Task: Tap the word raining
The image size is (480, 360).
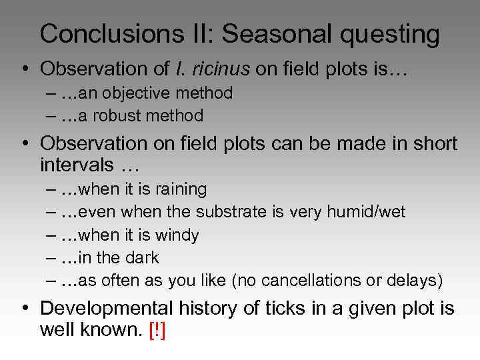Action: [x=180, y=189]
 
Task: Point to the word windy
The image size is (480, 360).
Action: [x=177, y=235]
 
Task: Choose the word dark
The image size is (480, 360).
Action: [x=142, y=257]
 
